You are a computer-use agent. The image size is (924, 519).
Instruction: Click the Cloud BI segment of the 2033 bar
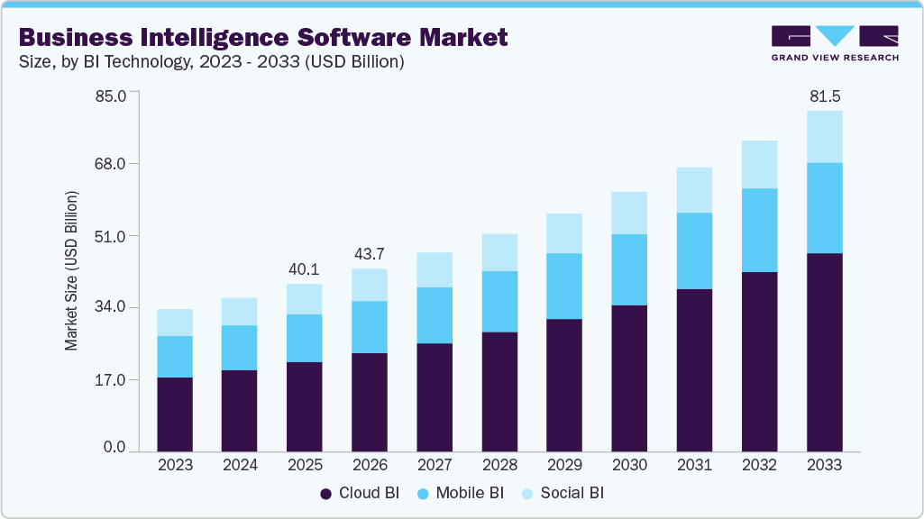pos(824,352)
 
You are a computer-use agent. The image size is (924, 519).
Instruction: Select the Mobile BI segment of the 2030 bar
pos(629,269)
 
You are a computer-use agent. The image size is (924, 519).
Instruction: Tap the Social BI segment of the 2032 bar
pos(759,164)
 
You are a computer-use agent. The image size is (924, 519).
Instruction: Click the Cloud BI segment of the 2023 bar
pos(175,414)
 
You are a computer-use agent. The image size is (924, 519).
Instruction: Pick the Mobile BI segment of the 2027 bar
pos(435,315)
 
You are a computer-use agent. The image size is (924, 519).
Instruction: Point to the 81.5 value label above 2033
pos(824,96)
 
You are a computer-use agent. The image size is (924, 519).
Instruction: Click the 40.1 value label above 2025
pos(305,269)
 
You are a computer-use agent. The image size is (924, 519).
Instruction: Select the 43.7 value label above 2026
pos(370,253)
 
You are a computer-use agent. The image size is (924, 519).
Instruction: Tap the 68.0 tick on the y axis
pos(115,164)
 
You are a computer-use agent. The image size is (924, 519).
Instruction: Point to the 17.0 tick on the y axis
pos(115,379)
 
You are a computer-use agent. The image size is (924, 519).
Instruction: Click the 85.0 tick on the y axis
pos(115,93)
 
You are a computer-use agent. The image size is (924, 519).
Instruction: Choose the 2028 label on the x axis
pos(499,465)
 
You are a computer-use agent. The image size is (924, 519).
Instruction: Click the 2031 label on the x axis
pos(694,465)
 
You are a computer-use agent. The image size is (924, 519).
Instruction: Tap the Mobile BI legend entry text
pos(469,493)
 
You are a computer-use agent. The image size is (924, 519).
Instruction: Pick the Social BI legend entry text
pos(572,493)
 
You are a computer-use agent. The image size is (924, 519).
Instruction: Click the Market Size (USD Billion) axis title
pos(71,271)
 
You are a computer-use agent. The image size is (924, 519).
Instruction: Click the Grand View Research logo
pos(835,42)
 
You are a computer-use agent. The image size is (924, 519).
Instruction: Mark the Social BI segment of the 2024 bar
pos(240,311)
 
